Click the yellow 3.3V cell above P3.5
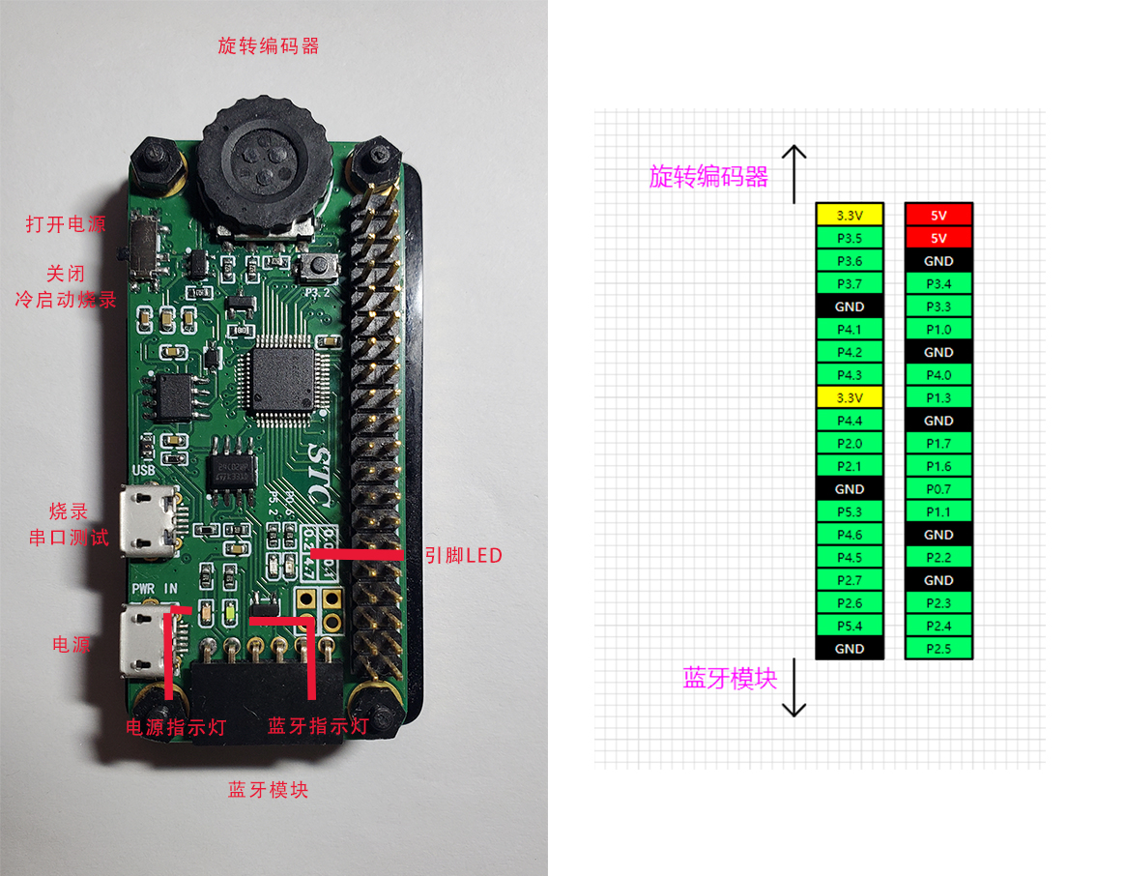(850, 215)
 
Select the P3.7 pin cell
(850, 283)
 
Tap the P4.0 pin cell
(938, 375)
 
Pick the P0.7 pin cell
(938, 489)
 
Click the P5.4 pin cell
(850, 626)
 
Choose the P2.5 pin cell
(938, 649)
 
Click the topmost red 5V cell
(938, 215)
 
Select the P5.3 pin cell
(850, 511)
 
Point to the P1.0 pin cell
(938, 330)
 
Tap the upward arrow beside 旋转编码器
(794, 174)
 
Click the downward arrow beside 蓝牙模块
(794, 687)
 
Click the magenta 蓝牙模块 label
(730, 679)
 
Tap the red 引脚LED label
(464, 555)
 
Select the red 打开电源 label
(66, 224)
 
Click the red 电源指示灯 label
(177, 727)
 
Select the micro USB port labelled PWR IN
(147, 641)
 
